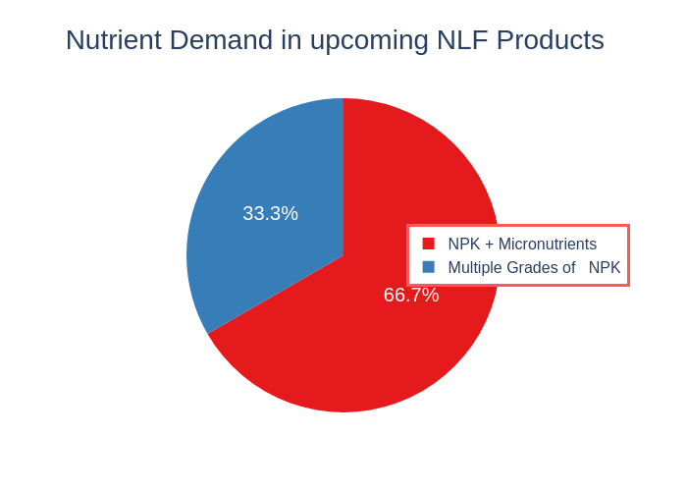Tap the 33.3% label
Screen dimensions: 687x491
coord(270,213)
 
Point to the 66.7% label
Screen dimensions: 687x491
coord(411,295)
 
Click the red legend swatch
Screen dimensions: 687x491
coord(429,244)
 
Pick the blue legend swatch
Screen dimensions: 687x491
coord(429,267)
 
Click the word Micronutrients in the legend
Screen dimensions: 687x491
coord(548,244)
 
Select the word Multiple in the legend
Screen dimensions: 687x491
coord(473,267)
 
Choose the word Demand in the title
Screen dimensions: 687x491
coord(221,40)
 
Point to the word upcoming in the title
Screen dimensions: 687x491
coord(369,42)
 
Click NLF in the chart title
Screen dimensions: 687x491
coord(462,40)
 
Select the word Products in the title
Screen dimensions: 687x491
coord(551,40)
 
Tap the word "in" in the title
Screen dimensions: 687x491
coord(291,40)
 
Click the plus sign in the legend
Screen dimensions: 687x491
coord(490,245)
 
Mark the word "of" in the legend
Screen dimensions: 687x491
coord(568,267)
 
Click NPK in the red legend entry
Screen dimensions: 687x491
coord(464,244)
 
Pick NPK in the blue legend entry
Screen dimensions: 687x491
coord(605,267)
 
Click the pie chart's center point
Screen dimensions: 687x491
coord(343,255)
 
